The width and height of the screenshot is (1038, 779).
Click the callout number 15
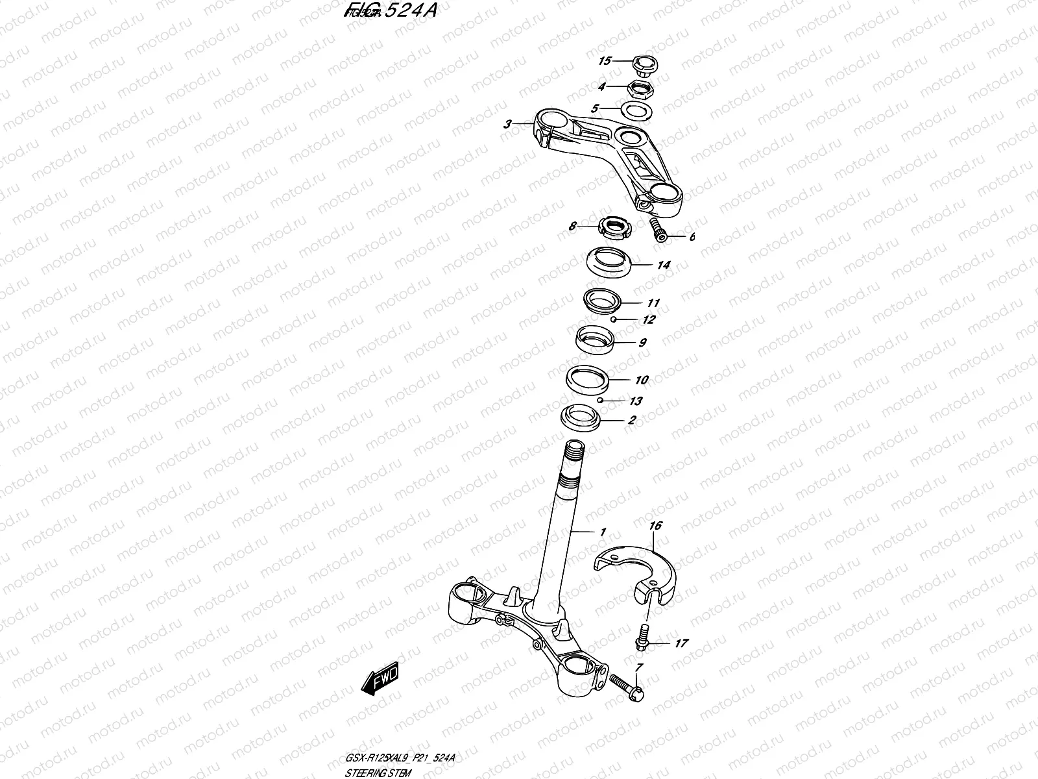point(605,61)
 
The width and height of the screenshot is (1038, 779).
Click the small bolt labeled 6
point(657,230)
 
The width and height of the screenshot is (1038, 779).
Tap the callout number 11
point(653,303)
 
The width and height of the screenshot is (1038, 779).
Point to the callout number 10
point(641,380)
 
